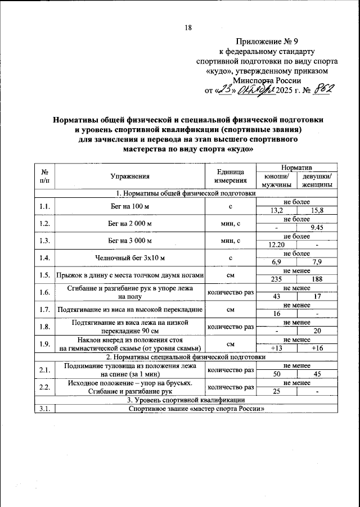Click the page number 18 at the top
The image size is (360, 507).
click(x=188, y=28)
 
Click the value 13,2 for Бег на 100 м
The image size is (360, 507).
click(x=276, y=210)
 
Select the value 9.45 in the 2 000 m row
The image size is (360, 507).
click(x=317, y=228)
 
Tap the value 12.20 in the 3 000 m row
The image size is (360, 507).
click(x=276, y=245)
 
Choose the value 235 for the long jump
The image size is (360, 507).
click(x=276, y=279)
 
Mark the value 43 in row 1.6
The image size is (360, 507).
click(x=276, y=296)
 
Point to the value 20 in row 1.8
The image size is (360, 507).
click(x=317, y=331)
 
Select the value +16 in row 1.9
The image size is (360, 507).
click(x=317, y=348)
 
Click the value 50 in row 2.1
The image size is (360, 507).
click(x=276, y=373)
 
